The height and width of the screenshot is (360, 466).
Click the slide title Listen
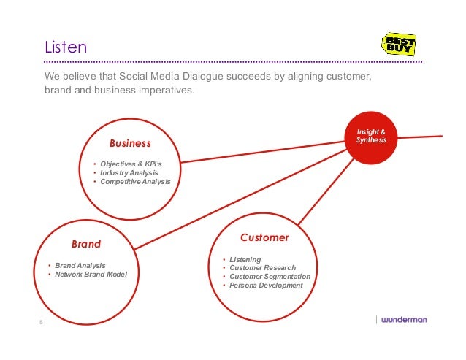tap(66, 49)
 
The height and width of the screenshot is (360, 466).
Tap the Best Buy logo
tap(399, 45)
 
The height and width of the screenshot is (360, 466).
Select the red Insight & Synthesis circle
tap(371, 135)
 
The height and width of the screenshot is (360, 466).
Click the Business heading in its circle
tap(130, 143)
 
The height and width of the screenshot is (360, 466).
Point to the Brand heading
tap(85, 243)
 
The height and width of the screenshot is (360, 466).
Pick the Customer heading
tap(264, 238)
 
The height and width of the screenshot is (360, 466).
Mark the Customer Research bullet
tap(262, 268)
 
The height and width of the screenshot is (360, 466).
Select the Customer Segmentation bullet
tap(270, 277)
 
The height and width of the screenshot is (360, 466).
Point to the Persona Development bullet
tap(266, 286)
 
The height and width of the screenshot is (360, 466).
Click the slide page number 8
tap(42, 322)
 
